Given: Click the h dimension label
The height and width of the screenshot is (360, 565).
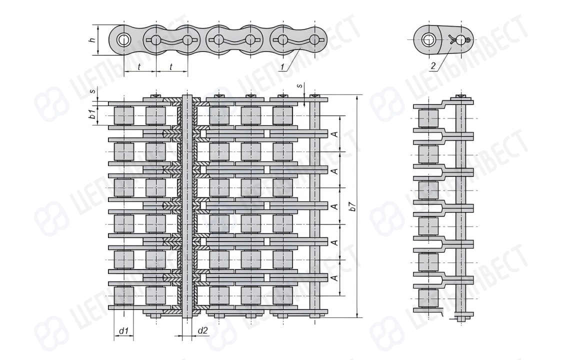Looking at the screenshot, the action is (x=92, y=39).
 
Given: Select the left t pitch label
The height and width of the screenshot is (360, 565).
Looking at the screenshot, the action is (x=139, y=67).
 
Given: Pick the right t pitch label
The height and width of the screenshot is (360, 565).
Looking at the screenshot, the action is (x=171, y=67).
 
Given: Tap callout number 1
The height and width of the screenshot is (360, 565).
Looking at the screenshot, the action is (x=283, y=66).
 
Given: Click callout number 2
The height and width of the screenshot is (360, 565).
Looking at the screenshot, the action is (x=433, y=65).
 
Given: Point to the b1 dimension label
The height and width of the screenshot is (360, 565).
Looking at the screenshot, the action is (x=92, y=115).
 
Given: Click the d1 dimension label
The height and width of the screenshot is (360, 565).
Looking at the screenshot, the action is (x=124, y=330).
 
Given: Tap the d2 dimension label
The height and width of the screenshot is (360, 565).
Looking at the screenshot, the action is (x=203, y=330).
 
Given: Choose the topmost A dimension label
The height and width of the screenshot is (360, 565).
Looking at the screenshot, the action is (x=334, y=134).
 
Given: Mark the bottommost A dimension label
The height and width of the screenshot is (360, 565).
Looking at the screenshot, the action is (x=334, y=278).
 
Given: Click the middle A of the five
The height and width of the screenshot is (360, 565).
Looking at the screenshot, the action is (x=334, y=206).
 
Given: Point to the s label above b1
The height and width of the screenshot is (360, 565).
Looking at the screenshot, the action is (x=93, y=90).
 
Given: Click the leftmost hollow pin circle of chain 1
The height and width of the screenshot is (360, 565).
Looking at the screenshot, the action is (x=123, y=39).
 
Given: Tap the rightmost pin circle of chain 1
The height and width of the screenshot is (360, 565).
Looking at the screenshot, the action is (x=314, y=39).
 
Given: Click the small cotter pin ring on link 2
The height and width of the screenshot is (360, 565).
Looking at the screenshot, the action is (x=467, y=40).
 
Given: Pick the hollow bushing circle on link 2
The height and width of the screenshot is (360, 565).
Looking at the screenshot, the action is (x=428, y=39).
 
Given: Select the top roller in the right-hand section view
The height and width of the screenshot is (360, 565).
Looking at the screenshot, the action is (x=428, y=118).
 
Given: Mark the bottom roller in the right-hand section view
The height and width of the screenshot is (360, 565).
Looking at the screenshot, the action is (x=428, y=298).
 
